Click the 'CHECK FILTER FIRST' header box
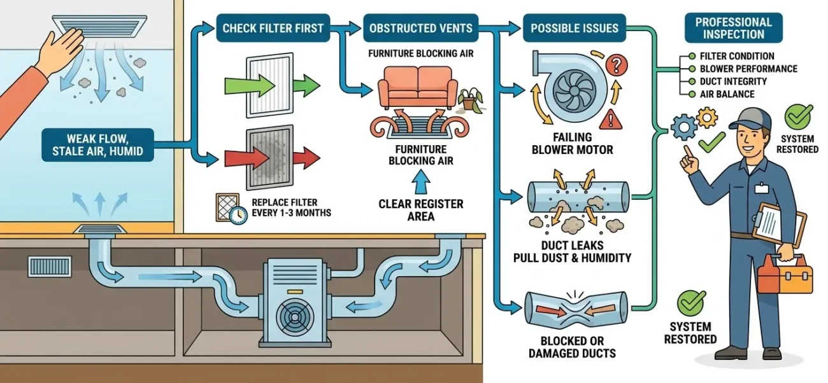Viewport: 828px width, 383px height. (x=273, y=29)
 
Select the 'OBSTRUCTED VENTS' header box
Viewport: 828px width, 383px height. (x=421, y=29)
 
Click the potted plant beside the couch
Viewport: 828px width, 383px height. (x=469, y=99)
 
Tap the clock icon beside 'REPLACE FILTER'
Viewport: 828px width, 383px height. (x=239, y=215)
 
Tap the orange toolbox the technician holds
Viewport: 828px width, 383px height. (x=784, y=275)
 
